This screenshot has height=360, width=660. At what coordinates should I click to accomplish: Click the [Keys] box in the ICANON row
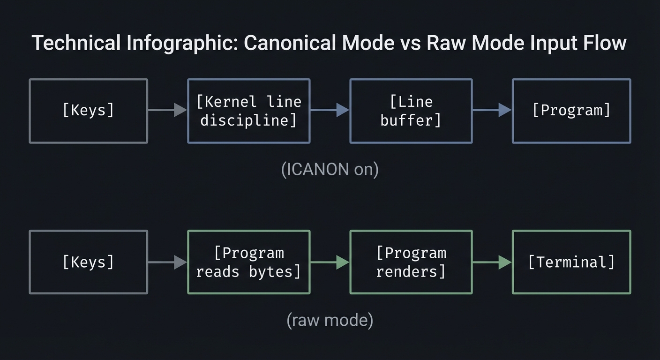click(88, 111)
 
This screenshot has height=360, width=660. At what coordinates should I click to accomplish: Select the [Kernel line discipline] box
click(248, 111)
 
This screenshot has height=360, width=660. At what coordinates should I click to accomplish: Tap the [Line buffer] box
click(411, 111)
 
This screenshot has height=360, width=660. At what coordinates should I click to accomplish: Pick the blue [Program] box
click(571, 111)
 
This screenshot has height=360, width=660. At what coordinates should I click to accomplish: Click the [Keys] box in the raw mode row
click(88, 262)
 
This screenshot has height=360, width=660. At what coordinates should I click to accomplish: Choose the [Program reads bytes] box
click(248, 262)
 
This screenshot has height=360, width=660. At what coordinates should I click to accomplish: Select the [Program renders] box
click(411, 262)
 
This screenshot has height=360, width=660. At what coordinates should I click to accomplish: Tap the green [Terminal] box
click(571, 262)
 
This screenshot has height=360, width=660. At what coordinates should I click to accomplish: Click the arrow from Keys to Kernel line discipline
click(167, 111)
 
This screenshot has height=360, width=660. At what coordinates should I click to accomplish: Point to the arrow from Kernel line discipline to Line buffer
click(330, 111)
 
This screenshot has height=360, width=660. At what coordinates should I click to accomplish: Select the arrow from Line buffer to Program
click(492, 111)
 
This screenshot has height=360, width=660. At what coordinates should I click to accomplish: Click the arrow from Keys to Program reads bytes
click(167, 262)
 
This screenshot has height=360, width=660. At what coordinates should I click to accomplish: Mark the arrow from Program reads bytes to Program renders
click(330, 262)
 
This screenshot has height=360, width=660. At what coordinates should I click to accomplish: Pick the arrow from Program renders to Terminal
click(492, 262)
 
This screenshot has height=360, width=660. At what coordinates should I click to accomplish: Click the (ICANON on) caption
click(330, 169)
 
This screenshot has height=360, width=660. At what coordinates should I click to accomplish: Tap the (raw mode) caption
click(330, 320)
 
